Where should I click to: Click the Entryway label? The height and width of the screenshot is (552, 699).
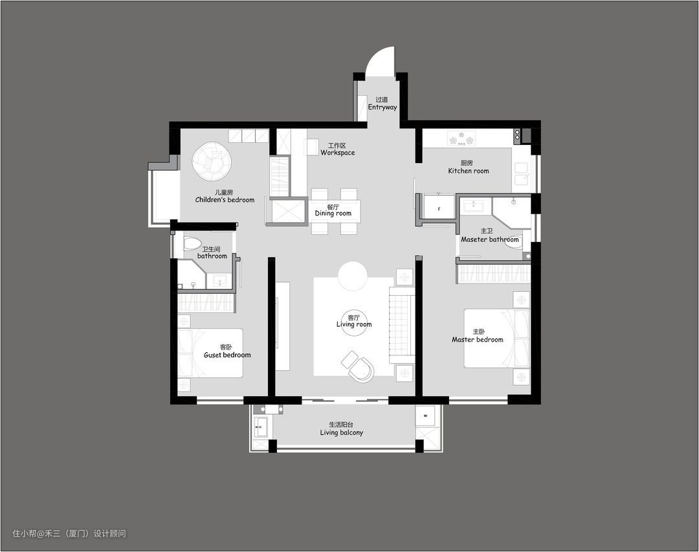tap(382, 107)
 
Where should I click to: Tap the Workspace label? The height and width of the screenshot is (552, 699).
tap(337, 153)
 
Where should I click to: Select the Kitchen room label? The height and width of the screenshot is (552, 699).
tap(468, 171)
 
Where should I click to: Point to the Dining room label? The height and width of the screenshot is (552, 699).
tap(333, 213)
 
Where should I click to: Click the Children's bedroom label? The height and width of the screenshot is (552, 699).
tap(225, 200)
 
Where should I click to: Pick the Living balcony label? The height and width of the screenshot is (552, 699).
tap(342, 432)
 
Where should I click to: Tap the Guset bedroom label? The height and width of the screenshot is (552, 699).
tap(227, 355)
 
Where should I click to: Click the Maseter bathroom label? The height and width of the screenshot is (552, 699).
tap(489, 239)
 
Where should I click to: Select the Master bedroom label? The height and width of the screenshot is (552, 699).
tap(477, 339)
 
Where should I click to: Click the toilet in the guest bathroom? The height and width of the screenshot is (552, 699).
tap(192, 243)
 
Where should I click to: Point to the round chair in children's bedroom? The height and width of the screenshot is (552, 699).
tap(211, 161)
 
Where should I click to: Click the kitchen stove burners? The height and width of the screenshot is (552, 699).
tap(461, 138)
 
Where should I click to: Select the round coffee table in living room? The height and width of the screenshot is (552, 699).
tap(352, 276)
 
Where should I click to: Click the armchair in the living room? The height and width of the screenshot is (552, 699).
tap(359, 366)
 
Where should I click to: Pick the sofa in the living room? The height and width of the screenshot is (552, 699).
tap(401, 326)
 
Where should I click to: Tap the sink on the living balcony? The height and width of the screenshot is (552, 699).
tap(261, 427)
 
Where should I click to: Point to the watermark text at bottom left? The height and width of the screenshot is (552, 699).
tap(69, 533)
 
